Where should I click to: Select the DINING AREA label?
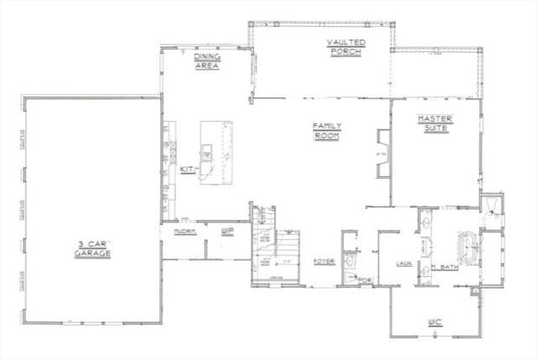pyautogui.click(x=207, y=61)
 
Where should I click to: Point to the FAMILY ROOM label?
pyautogui.click(x=326, y=132)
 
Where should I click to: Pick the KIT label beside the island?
pyautogui.click(x=187, y=170)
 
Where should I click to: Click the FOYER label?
pyautogui.click(x=325, y=261)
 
